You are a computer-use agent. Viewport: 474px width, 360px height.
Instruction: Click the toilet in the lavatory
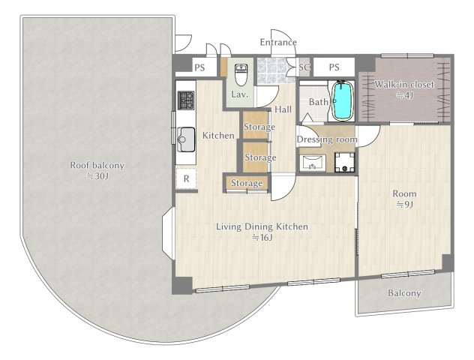click(241, 75)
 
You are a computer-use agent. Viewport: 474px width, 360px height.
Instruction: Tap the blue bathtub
click(342, 100)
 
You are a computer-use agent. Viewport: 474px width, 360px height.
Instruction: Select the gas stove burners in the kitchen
click(186, 100)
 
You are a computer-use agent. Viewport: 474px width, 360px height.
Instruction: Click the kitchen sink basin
click(186, 139)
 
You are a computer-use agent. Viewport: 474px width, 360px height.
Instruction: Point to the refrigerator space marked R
click(186, 178)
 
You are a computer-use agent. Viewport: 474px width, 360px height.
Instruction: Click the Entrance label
click(278, 42)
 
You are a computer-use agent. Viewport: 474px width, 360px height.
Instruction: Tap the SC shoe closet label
click(304, 67)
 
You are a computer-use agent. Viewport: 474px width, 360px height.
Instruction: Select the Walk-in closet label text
click(404, 84)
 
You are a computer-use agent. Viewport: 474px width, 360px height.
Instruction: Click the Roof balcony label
click(97, 165)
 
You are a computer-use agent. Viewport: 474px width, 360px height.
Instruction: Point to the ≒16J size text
click(262, 238)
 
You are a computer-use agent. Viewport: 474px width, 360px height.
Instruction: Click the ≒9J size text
click(404, 205)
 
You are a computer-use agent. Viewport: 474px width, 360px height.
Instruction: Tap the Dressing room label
click(327, 139)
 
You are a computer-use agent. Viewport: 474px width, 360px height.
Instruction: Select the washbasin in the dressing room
click(313, 163)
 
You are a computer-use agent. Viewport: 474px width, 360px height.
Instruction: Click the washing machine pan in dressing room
click(344, 162)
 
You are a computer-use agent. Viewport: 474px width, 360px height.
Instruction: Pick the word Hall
click(283, 109)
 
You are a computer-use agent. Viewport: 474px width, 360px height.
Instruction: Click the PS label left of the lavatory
click(199, 67)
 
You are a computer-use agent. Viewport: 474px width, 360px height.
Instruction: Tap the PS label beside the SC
click(334, 67)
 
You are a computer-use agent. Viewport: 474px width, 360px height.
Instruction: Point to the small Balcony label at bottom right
click(404, 293)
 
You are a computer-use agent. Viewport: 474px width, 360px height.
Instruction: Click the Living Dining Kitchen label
click(262, 226)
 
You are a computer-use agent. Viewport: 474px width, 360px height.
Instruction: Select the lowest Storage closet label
click(247, 183)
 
